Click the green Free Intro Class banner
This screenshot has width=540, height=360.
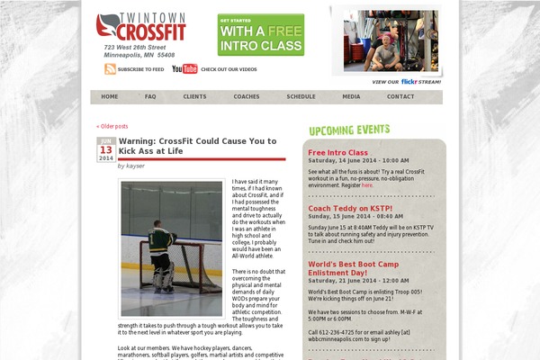(260, 34)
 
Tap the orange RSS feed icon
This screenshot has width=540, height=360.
(110, 68)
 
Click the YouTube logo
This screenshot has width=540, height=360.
(184, 68)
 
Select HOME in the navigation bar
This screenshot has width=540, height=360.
(110, 96)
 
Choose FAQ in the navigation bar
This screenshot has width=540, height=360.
(150, 96)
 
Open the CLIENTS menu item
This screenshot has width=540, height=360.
(194, 96)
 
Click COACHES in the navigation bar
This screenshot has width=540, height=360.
(246, 96)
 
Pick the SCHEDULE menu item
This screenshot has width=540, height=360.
(301, 96)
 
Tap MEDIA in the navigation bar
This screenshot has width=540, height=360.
(351, 96)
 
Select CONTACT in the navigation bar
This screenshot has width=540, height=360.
(400, 96)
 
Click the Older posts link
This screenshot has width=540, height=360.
(112, 126)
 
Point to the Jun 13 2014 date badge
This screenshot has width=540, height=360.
(106, 149)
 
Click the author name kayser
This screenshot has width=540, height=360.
(135, 166)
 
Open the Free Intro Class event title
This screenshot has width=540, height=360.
(337, 153)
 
